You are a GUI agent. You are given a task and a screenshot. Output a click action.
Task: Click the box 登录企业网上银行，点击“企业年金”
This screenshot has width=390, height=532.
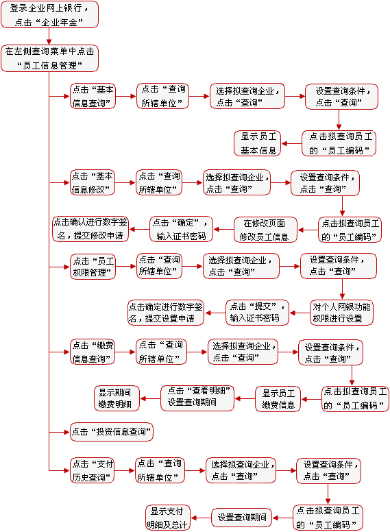(49, 14)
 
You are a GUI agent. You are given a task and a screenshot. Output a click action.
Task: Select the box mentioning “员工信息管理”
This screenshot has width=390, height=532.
(49, 58)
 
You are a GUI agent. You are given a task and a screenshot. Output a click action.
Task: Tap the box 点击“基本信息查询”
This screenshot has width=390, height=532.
(93, 97)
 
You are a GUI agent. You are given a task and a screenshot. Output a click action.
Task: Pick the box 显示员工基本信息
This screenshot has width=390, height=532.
(258, 143)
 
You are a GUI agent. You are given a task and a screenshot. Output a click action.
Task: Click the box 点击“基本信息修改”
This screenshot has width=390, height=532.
(93, 182)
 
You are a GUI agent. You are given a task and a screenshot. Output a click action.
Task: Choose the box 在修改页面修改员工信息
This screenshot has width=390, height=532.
(265, 230)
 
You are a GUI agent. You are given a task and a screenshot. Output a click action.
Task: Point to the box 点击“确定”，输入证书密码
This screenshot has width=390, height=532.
(181, 230)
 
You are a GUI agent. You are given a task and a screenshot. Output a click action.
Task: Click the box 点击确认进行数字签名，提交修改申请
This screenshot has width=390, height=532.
(90, 229)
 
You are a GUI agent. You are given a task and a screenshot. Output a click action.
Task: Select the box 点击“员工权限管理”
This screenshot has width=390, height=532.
(93, 267)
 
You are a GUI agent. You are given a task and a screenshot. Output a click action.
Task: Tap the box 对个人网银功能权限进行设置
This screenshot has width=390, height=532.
(341, 313)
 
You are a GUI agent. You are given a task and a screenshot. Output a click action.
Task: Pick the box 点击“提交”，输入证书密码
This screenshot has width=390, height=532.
(258, 313)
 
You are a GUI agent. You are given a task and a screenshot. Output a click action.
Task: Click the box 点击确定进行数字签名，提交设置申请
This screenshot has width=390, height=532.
(166, 313)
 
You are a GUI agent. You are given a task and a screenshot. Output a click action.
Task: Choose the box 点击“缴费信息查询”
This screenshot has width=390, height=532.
(93, 352)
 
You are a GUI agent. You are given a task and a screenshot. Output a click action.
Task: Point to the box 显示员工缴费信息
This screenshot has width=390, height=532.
(278, 399)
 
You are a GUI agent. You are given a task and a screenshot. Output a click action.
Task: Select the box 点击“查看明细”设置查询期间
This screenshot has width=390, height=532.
(197, 398)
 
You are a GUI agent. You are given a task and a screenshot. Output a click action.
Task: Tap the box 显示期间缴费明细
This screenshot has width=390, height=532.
(117, 398)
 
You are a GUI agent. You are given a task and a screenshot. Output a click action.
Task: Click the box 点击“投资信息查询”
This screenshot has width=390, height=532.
(112, 432)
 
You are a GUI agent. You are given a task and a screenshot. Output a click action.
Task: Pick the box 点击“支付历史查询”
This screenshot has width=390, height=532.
(92, 470)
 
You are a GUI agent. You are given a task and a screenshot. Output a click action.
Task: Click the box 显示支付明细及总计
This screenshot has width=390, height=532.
(168, 518)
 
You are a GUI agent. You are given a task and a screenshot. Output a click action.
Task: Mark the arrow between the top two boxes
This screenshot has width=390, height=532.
(49, 36)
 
